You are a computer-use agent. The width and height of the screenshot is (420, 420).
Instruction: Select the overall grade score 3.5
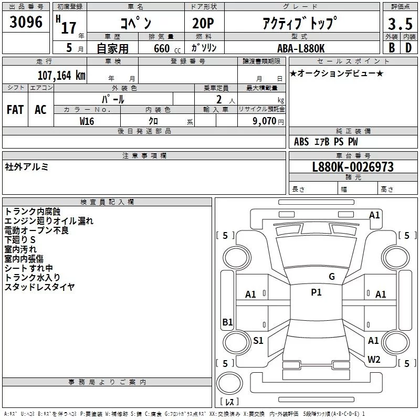(x=400, y=24)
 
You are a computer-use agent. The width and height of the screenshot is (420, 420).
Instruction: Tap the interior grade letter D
(x=408, y=47)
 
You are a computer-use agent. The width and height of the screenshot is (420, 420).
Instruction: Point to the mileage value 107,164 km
(x=61, y=75)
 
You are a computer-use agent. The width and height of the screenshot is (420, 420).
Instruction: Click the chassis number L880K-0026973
(x=353, y=167)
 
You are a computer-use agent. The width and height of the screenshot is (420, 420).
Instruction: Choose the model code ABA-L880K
(x=301, y=48)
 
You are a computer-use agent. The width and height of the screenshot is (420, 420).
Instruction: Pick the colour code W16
(x=87, y=121)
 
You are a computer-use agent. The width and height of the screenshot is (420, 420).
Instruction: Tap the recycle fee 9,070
(x=265, y=121)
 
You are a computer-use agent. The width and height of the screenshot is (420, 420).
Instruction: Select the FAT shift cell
(x=15, y=109)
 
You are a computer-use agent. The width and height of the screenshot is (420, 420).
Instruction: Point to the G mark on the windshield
(x=331, y=276)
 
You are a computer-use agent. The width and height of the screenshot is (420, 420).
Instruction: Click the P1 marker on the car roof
(x=316, y=292)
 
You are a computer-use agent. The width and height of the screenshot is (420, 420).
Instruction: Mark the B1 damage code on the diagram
(x=227, y=322)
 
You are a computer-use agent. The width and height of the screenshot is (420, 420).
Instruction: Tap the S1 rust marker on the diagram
(x=258, y=341)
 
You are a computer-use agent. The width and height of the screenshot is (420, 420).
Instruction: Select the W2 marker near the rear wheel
(x=374, y=360)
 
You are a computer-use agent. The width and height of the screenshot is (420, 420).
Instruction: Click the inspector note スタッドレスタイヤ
(x=39, y=287)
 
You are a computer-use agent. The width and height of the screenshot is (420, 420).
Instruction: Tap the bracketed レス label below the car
(x=229, y=402)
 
